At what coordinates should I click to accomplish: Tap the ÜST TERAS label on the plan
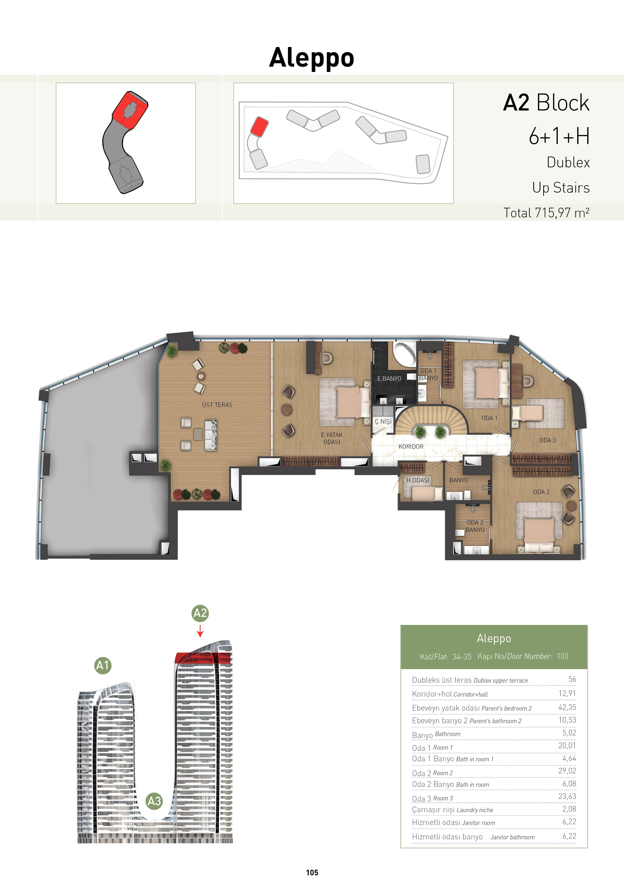[x=217, y=405]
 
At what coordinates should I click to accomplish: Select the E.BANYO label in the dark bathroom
[x=389, y=378]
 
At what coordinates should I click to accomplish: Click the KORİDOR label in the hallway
[x=411, y=446]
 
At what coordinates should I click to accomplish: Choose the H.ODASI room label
[x=418, y=480]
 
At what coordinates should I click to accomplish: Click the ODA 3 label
[x=548, y=440]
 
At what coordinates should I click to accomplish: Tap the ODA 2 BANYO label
[x=475, y=526]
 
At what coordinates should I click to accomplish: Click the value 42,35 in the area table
[x=567, y=708]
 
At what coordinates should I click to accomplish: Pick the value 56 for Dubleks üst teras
[x=572, y=679]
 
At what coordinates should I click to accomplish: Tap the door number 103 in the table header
[x=563, y=656]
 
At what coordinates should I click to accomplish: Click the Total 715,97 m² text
[x=546, y=213]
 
